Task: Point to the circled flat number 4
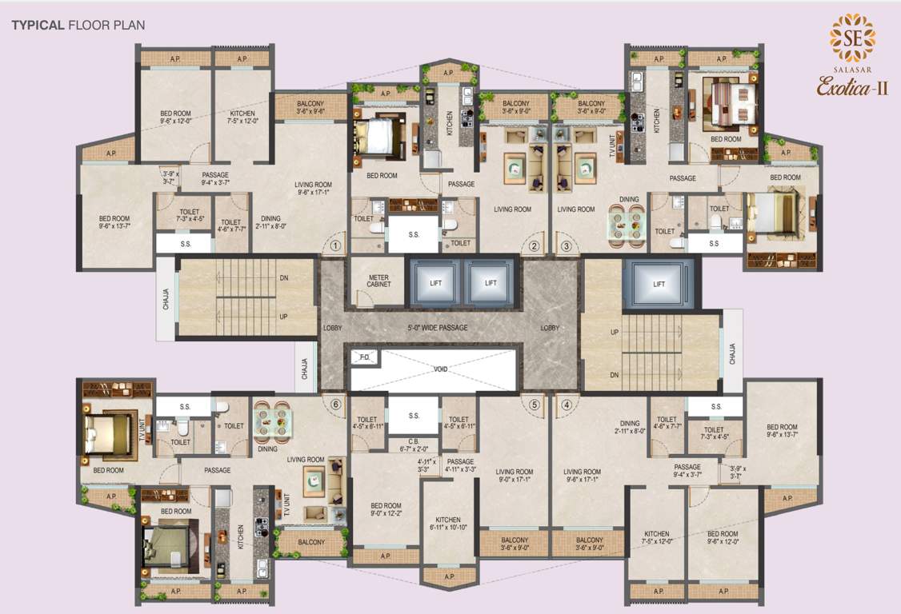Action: pos(567,404)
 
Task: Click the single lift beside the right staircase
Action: pos(659,284)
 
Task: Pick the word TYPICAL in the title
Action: pos(38,25)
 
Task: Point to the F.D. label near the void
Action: pos(365,357)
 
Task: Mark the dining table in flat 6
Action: pos(272,421)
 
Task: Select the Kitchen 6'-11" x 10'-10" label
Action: pos(448,524)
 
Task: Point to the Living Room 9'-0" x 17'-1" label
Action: pos(514,477)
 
